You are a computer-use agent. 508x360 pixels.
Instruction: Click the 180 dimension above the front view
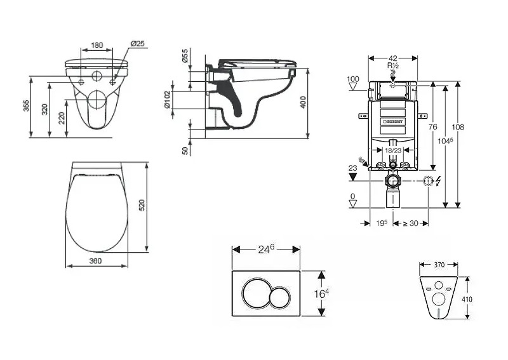coord(97,45)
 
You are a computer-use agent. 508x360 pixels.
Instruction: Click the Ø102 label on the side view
coord(168,100)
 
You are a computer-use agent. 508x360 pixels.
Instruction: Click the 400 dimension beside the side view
coord(304,102)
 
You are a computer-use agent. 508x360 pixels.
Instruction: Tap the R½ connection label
coord(392,65)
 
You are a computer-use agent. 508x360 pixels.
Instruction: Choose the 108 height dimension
coord(458,127)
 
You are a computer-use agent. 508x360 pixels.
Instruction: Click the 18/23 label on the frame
coord(393,150)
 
